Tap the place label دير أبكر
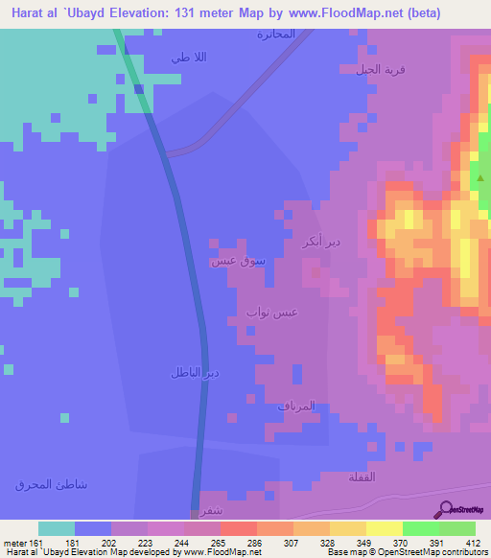(x=319, y=240)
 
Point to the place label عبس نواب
(x=271, y=312)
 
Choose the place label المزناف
(x=297, y=407)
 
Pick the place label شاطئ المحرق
(x=52, y=484)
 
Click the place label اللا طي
(x=189, y=58)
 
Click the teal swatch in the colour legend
(x=57, y=528)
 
